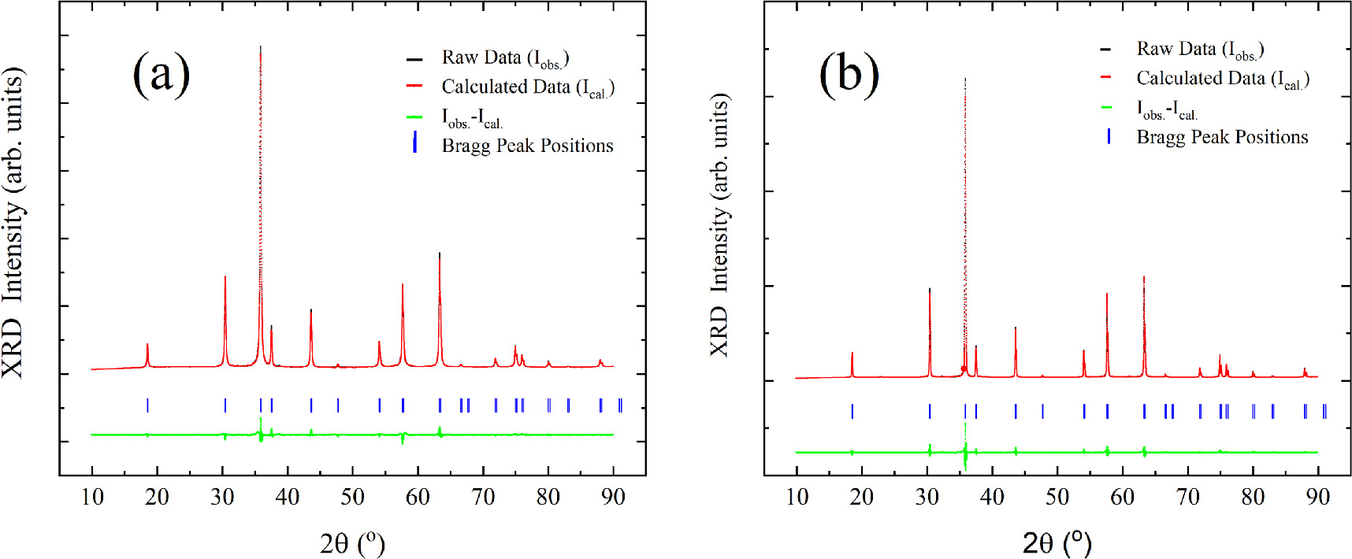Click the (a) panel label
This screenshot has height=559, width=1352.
(161, 75)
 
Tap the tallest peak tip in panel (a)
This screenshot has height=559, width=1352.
(260, 47)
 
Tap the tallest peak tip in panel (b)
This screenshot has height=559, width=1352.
(964, 80)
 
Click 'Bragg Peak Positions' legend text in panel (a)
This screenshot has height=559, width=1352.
(527, 146)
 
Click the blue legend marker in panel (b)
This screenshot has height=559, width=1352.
(1109, 136)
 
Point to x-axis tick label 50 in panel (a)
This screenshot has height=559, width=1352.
(352, 497)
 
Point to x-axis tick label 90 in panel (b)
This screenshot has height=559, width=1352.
(1317, 497)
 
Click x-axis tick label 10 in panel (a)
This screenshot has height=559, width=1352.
(92, 497)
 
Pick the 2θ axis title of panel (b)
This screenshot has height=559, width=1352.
(1057, 542)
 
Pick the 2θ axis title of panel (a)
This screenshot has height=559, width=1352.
(352, 542)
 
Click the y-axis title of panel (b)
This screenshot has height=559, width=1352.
(719, 225)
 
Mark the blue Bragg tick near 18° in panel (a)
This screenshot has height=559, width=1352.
(147, 405)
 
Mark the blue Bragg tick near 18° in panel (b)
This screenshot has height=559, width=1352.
(852, 411)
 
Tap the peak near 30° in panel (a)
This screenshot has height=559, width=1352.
(225, 277)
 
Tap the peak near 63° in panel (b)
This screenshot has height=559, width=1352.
(1144, 278)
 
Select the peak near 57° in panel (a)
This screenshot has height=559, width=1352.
(403, 285)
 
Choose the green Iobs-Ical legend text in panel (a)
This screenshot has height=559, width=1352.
(472, 119)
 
